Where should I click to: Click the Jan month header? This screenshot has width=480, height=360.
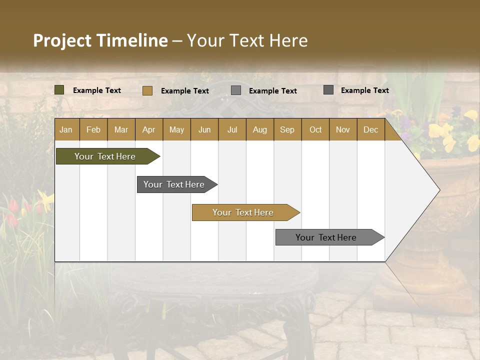coord(66,129)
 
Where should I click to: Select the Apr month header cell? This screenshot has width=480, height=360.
coord(148,129)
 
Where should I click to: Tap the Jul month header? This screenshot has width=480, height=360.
coord(232,129)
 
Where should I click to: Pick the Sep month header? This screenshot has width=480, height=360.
coord(287,129)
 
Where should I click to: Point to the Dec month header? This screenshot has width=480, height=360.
coord(370,129)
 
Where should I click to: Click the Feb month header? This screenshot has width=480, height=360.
coord(93,129)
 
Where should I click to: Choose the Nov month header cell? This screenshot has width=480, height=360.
coord(343,129)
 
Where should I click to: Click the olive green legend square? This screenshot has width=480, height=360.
coord(59,90)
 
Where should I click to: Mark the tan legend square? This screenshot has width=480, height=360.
coord(147,90)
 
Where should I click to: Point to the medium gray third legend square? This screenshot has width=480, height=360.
coord(236,90)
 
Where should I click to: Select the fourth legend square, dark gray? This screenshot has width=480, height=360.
coord(328,90)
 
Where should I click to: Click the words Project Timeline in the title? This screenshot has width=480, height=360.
coord(100,40)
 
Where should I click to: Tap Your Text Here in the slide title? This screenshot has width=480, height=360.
coord(247,40)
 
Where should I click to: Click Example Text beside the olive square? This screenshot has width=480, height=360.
coord(97,90)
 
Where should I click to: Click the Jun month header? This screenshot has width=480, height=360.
coord(204,129)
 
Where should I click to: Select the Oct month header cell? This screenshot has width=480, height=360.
coord(315,129)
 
